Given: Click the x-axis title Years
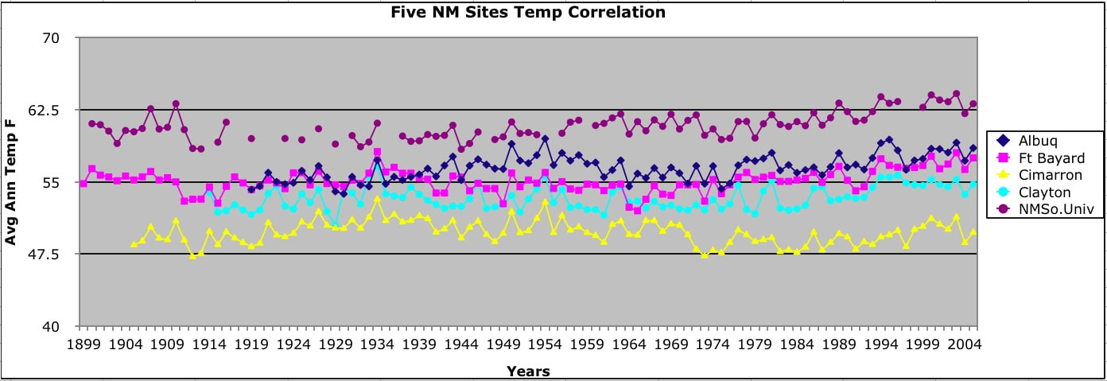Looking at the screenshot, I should pyautogui.click(x=528, y=371).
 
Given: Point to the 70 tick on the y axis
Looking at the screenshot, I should pyautogui.click(x=61, y=38).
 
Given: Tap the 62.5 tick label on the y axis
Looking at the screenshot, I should pyautogui.click(x=56, y=110).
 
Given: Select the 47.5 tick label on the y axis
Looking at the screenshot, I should pyautogui.click(x=56, y=255).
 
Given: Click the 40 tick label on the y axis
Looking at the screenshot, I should pyautogui.click(x=61, y=327).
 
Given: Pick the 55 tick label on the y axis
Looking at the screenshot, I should pyautogui.click(x=61, y=182).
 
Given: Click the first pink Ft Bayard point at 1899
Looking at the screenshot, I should pyautogui.click(x=84, y=183).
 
